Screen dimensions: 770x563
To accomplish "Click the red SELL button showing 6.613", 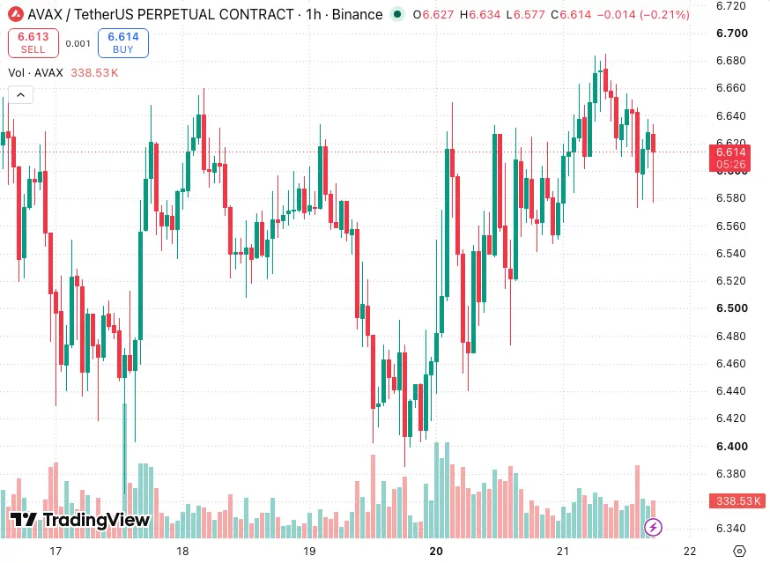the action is pos(33,43).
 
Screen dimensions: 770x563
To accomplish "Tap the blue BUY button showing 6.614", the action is pos(123,43).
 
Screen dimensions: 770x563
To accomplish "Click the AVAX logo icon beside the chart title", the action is pos(16,14).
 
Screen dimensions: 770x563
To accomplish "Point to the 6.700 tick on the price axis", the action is pos(732,33).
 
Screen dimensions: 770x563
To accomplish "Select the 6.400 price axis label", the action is pos(732,447).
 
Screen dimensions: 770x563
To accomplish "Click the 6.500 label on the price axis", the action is pos(732,308).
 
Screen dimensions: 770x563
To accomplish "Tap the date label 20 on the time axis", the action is pos(436,552).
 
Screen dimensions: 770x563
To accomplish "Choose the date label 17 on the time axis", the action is pos(56,552).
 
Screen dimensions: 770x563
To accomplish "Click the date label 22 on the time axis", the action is pos(690,552).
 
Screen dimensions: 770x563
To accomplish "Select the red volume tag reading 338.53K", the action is pos(737,501).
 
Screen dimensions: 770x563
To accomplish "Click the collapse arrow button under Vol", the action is pos(20,95).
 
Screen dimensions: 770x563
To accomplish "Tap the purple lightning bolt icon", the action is pos(653,528).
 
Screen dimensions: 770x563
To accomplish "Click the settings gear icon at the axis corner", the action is pos(739,552).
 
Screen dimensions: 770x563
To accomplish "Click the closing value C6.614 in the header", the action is pos(571,15).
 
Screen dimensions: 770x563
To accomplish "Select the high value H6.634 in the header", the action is pos(480,15).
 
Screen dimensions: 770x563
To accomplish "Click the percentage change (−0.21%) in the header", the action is pos(665,15).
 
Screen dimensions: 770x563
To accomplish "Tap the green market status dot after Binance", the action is pos(397,14).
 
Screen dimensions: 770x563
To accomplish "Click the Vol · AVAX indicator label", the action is pos(36,73).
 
